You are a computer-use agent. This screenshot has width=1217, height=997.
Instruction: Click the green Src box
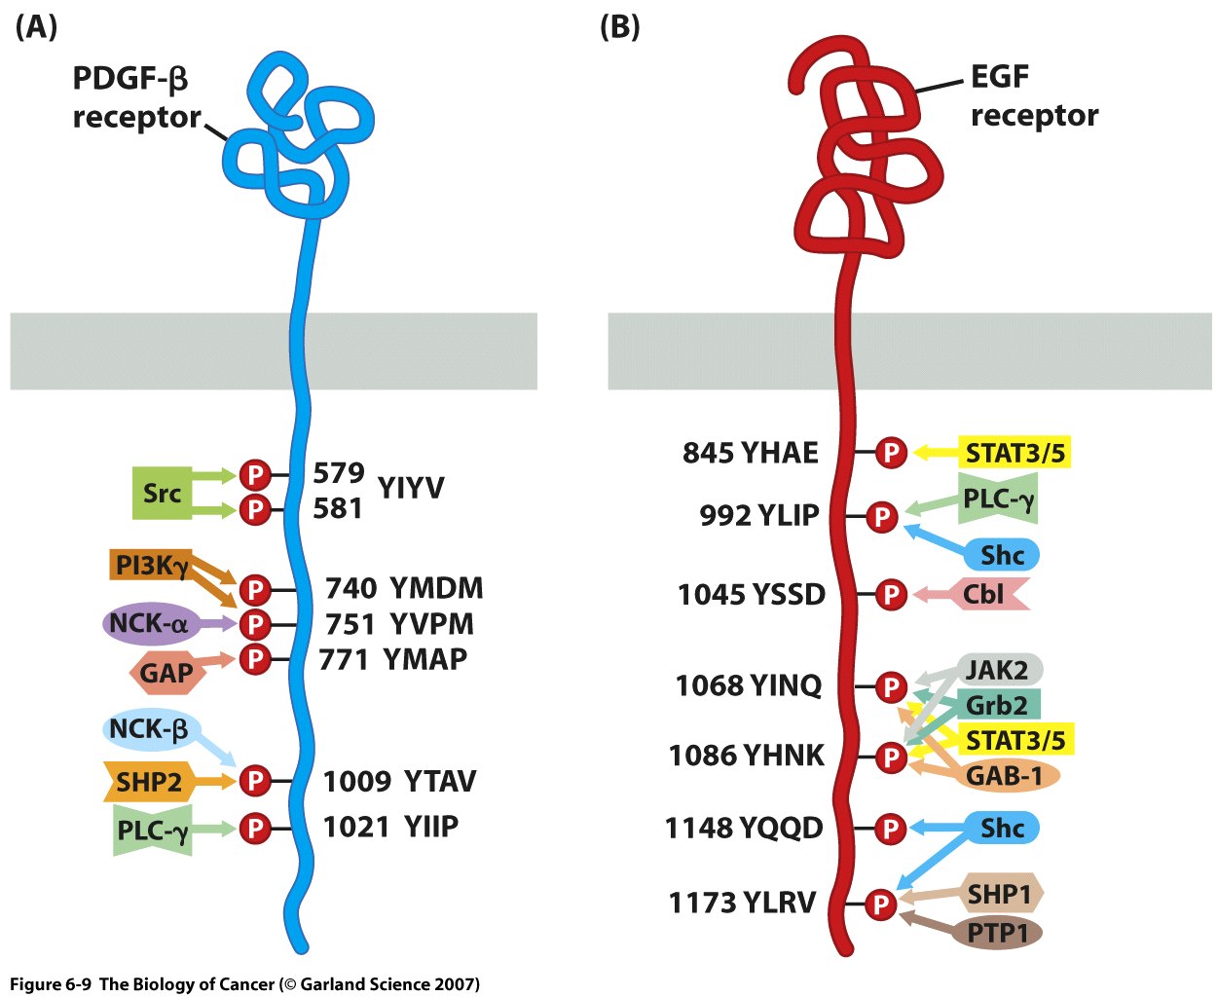[x=162, y=493]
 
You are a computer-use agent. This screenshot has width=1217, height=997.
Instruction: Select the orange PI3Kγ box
[x=150, y=566]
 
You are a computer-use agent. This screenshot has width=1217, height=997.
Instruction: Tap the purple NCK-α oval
[x=149, y=623]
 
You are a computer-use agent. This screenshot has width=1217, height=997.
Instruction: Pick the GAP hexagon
[x=166, y=672]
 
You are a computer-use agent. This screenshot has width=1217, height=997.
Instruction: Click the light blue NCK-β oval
[x=149, y=729]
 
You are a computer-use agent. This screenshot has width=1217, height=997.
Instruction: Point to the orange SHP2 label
[x=149, y=781]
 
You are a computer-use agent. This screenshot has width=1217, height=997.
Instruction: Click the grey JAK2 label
[x=997, y=670]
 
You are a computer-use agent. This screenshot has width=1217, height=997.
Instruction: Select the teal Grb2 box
[x=997, y=704]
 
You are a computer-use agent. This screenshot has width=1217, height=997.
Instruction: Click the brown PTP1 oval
[x=997, y=933]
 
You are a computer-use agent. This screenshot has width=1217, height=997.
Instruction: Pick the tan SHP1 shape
[x=999, y=894]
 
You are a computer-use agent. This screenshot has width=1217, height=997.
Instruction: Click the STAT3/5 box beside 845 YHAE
[x=1014, y=453]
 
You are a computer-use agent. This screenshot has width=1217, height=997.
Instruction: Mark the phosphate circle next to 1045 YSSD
[x=891, y=594]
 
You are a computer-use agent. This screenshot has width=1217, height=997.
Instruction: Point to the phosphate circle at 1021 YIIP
[x=255, y=828]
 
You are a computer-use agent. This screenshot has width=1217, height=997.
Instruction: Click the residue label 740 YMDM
[x=404, y=588]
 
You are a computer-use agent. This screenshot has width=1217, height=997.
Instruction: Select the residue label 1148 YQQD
[x=744, y=829]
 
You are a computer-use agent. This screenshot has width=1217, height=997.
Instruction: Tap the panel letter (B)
[x=620, y=27]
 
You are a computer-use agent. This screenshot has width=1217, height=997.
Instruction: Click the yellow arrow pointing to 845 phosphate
[x=935, y=453]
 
